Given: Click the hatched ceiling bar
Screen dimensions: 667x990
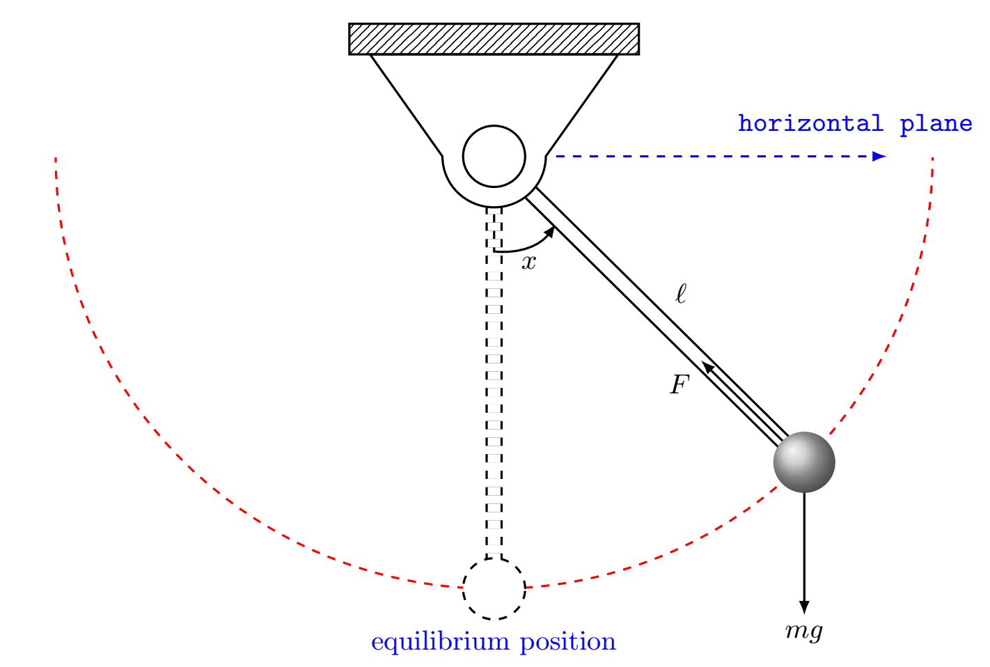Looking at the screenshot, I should [x=494, y=39].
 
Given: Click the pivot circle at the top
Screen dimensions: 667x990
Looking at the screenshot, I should [x=494, y=157].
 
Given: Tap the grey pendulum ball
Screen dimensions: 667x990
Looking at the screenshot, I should [x=804, y=462].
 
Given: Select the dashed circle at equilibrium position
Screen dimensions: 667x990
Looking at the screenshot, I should [x=494, y=588].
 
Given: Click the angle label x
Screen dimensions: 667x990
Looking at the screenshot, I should [x=530, y=262].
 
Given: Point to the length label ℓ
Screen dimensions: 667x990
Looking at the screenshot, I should [x=681, y=294].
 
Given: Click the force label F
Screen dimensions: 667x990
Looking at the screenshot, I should [x=679, y=384].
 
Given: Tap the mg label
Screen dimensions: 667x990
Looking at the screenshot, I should [x=804, y=631].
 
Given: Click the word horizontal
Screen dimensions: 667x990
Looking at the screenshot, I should [x=810, y=124].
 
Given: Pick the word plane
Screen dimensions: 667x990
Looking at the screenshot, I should [x=936, y=124].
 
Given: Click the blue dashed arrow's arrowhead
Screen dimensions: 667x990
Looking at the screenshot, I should [x=880, y=156].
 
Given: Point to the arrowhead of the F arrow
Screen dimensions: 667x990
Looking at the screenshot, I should [x=708, y=368].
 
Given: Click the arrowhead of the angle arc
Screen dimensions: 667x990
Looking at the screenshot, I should [x=549, y=232].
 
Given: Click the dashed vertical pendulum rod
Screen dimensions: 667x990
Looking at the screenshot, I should [x=494, y=383].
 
